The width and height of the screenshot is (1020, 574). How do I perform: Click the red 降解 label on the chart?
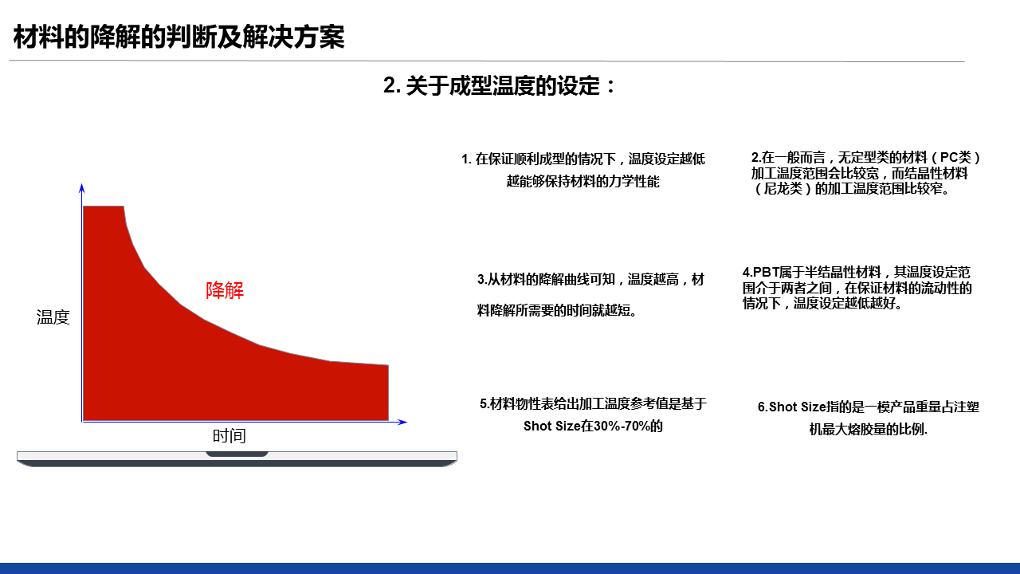pos(225,290)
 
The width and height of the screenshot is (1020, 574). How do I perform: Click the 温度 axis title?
pos(53,317)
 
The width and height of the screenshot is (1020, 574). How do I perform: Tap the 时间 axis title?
pos(229,436)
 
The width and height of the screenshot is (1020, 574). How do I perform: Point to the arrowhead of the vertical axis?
pos(82,187)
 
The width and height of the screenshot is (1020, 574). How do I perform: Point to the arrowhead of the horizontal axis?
pos(402,422)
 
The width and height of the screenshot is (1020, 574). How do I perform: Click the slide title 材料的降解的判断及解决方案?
pos(179,37)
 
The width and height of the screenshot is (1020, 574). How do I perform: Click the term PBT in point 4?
pos(766,273)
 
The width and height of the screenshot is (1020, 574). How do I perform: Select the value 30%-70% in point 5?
pos(621,427)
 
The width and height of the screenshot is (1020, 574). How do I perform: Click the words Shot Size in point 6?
pos(798,407)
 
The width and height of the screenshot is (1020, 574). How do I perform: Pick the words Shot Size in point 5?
pos(552,427)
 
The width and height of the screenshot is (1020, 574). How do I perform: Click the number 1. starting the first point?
pos(466,159)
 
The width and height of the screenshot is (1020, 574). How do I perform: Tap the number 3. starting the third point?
pos(482,279)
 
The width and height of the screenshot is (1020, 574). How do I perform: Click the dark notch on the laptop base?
pos(237,454)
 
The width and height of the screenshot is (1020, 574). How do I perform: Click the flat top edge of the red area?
pos(104,206)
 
